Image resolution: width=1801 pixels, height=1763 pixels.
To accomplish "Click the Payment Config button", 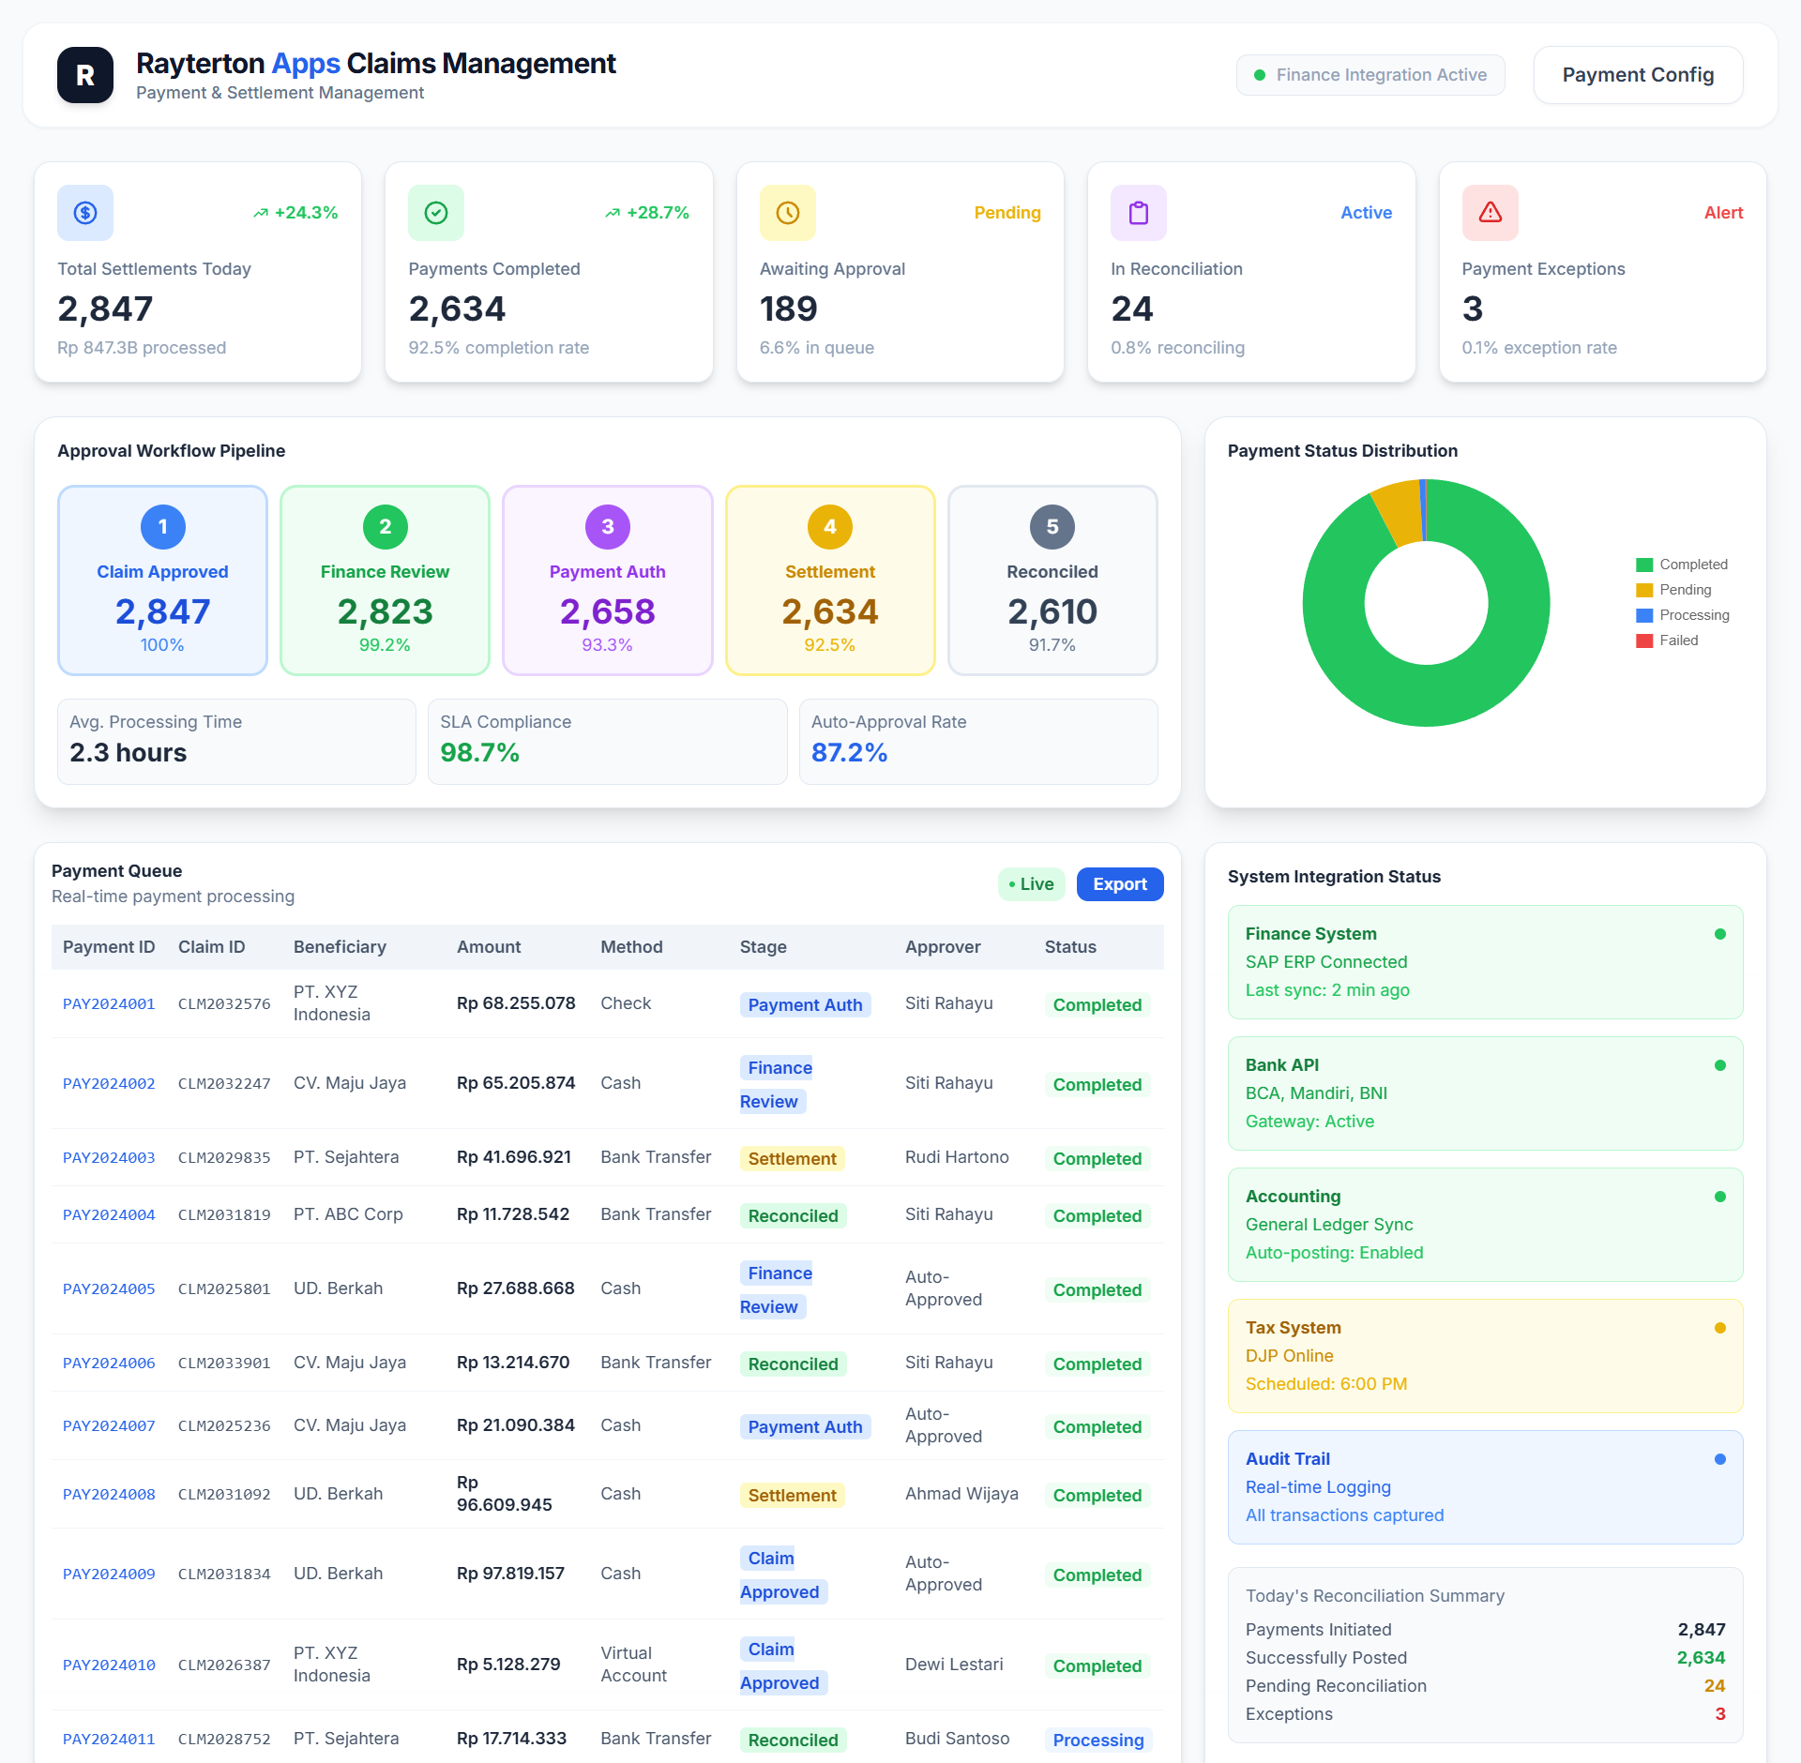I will pos(1638,75).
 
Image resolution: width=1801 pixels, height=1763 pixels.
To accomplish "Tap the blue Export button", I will pos(1119,884).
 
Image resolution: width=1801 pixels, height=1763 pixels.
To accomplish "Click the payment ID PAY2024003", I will pos(109,1158).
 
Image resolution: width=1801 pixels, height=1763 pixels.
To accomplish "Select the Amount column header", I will pos(489,947).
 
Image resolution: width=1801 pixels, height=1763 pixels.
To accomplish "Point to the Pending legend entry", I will pos(1685,590).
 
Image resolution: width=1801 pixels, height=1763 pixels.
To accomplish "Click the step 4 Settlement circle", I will pos(829,527).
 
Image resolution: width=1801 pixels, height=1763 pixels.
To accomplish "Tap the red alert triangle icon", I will pos(1490,213).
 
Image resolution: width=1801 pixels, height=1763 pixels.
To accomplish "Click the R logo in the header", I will pos(85,75).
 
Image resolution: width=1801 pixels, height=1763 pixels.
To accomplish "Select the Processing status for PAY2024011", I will pos(1097,1740).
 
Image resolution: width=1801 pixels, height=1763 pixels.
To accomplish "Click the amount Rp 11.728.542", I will pos(513,1214).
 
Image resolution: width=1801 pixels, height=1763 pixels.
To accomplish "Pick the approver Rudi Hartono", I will pos(957,1157).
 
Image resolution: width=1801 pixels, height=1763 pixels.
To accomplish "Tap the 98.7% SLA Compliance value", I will pos(479,753).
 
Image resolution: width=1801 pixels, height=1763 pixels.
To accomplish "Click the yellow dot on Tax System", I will pos(1719,1328).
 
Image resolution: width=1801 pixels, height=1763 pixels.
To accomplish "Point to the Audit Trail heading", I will pos(1287,1459).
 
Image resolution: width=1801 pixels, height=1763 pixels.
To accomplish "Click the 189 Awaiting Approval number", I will pos(788,309).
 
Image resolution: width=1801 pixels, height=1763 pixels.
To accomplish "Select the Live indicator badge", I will pos(1031,884).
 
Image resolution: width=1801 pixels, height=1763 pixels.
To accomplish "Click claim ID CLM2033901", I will pos(224,1364).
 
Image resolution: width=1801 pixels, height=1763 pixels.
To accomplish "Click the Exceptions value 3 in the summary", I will pos(1719,1714).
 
